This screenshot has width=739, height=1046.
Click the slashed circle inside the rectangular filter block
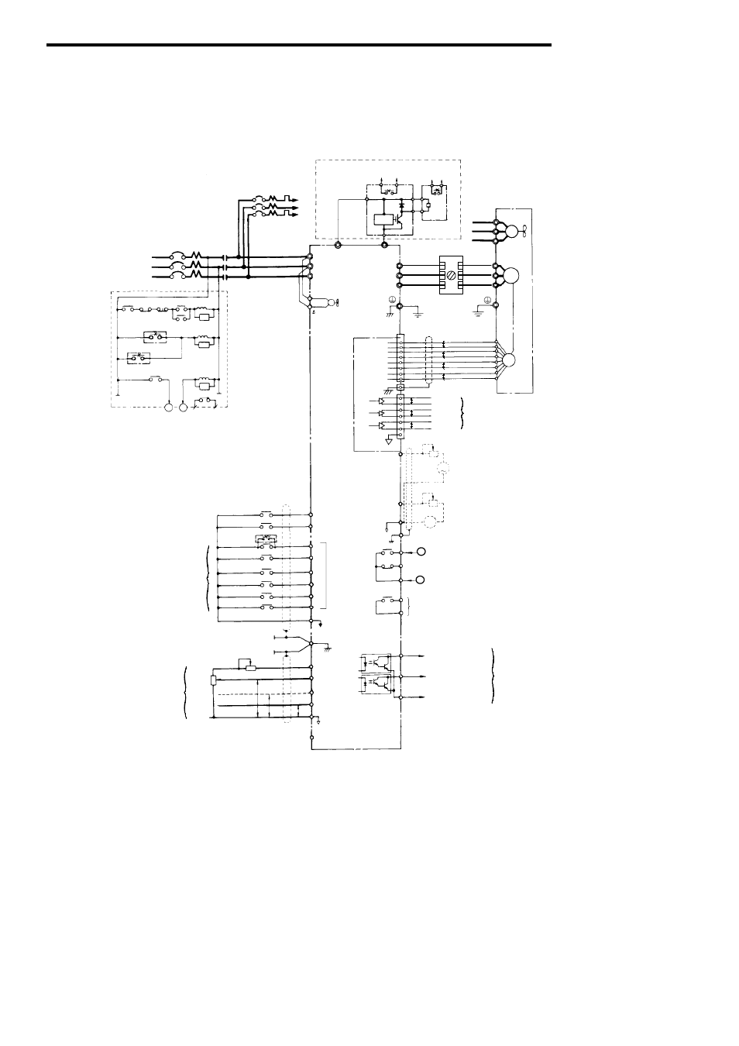[x=450, y=274]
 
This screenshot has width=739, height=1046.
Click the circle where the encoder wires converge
[x=508, y=360]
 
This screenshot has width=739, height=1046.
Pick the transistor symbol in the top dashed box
[x=397, y=219]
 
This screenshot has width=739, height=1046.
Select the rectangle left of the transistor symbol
[x=380, y=219]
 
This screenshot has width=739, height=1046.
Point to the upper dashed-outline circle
[x=444, y=467]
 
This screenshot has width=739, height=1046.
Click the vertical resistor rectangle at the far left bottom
[x=213, y=680]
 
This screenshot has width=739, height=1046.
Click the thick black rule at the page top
[x=299, y=45]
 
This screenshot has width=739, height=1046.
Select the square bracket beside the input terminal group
[x=327, y=576]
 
